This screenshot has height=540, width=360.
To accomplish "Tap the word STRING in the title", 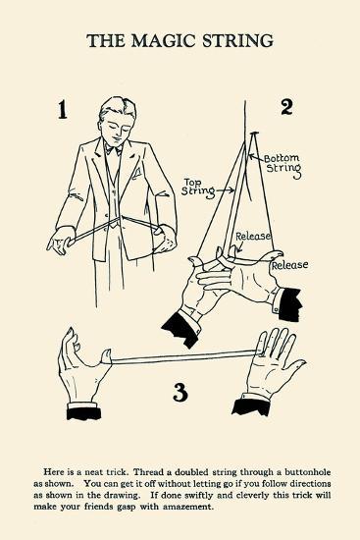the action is (237, 40).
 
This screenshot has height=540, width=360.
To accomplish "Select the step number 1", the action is (62, 110).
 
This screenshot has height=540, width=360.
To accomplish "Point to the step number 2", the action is (286, 107).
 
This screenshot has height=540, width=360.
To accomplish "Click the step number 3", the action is (180, 392).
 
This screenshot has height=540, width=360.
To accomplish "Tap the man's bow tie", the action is (114, 150).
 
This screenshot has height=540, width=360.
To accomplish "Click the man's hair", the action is (116, 107).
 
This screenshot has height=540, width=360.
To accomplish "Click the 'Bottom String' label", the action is (283, 166).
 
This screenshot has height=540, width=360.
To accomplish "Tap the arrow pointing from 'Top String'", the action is (226, 189).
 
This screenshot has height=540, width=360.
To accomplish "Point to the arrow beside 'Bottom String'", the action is (257, 158).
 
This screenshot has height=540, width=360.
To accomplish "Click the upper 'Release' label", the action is (253, 237).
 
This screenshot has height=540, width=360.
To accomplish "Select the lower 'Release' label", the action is (289, 265).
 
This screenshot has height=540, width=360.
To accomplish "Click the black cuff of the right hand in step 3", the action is (251, 406).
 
